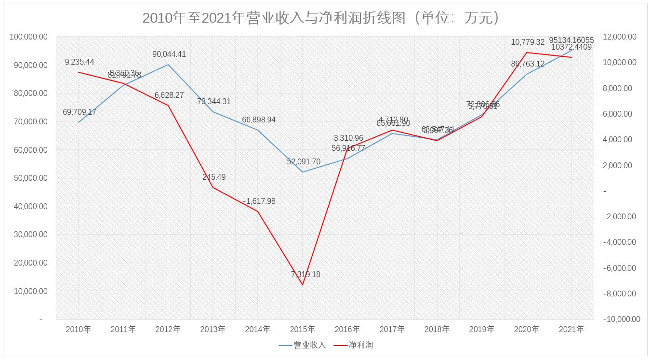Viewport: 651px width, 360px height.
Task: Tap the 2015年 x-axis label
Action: point(302,330)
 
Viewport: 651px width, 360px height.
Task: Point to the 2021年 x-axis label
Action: point(571,330)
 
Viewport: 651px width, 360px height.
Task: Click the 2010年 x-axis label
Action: point(78,330)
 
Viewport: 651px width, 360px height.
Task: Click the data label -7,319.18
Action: point(304,275)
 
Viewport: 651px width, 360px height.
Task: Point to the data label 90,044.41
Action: point(169,54)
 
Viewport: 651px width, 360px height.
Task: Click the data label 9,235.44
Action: point(80,62)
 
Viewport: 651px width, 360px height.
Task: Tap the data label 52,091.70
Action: point(304,162)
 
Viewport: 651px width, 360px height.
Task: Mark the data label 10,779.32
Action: point(528,42)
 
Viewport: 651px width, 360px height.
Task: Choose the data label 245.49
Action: point(214,177)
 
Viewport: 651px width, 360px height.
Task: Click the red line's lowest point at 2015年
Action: point(303,285)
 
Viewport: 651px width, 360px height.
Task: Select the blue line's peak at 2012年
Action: point(168,65)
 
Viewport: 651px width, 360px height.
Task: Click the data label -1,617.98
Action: point(259,201)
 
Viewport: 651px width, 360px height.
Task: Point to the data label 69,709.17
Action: point(80,112)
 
